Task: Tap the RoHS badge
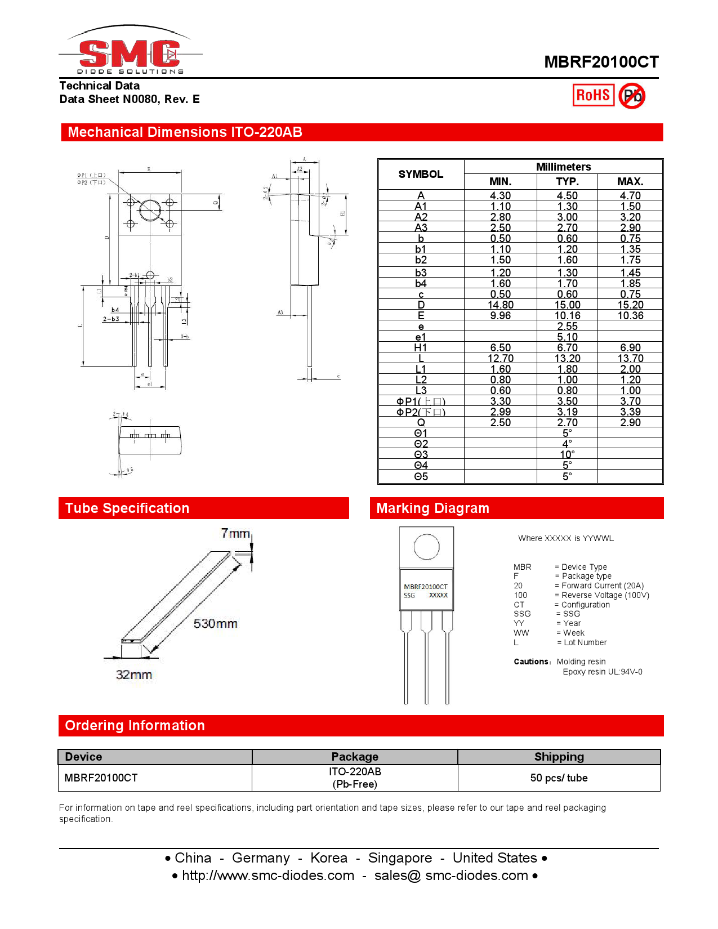[593, 95]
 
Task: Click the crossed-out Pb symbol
[632, 96]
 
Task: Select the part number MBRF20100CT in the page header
[601, 62]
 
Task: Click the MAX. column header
[630, 182]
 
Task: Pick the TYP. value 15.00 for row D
[567, 305]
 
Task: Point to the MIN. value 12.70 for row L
[500, 359]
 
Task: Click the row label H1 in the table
[421, 348]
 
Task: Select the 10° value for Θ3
[567, 455]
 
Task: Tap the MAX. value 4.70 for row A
[630, 196]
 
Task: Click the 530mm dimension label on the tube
[215, 624]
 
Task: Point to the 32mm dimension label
[134, 675]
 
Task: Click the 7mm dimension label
[235, 533]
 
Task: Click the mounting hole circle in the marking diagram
[426, 547]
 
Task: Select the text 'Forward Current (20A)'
[603, 586]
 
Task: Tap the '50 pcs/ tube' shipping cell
[559, 778]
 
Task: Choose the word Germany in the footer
[261, 858]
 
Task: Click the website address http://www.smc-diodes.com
[268, 876]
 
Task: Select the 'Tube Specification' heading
[127, 508]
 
